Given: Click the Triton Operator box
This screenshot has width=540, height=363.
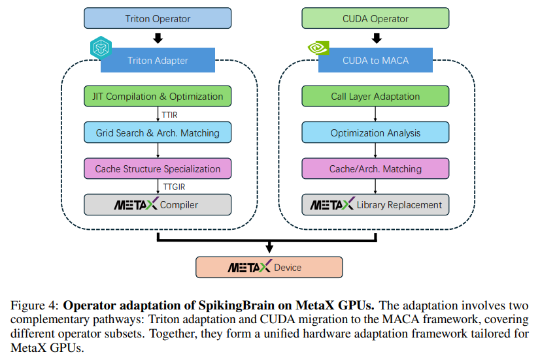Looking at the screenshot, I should coord(158,18).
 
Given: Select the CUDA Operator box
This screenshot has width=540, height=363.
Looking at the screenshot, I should coord(375,18).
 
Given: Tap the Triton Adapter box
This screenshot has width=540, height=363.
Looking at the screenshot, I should coord(158,61).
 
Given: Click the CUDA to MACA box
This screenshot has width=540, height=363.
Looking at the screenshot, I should coord(375,61).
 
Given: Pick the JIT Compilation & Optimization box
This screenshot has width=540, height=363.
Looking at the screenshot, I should coord(158,97).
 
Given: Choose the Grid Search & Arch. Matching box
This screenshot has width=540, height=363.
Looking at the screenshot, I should coord(158,133).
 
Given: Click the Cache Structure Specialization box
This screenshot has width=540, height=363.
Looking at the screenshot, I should coord(158,168).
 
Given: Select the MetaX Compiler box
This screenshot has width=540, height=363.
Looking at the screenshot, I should coord(158,204).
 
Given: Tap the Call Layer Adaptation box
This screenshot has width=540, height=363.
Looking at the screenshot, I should coord(375,97).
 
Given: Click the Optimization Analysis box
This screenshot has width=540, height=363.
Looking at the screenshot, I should coord(375,133).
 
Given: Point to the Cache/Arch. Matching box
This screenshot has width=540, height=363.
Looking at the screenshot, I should coord(375,168).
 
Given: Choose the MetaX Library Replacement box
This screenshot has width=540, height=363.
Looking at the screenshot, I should coord(375,204).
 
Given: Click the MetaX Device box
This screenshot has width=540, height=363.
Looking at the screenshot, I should coord(269,267).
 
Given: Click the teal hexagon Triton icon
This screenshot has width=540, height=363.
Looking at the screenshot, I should coord(101,48).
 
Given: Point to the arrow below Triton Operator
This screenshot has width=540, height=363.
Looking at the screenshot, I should coord(158,38).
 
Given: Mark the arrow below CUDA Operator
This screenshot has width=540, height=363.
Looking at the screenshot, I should coord(375,38).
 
